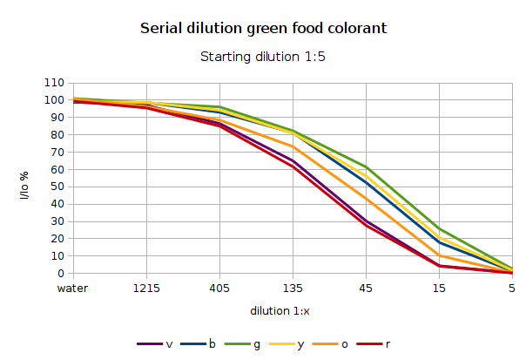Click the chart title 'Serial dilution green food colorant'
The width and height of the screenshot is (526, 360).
[263, 29]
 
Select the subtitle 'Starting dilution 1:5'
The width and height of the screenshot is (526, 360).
[263, 58]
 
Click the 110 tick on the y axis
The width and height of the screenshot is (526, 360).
[54, 83]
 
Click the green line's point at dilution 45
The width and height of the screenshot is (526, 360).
[367, 166]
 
